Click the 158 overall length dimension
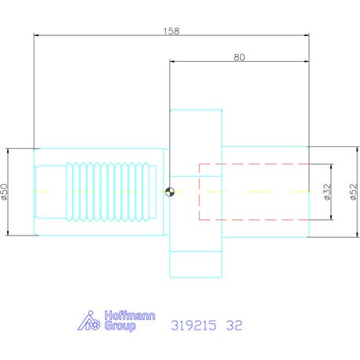(x=171, y=31)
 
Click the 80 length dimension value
(x=239, y=57)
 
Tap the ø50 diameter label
(x=5, y=192)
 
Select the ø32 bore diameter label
(x=327, y=192)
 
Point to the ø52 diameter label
(x=353, y=192)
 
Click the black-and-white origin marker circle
(x=170, y=192)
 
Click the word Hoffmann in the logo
(x=130, y=315)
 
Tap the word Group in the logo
(x=120, y=326)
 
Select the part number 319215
(x=193, y=326)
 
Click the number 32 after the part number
(x=234, y=326)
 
